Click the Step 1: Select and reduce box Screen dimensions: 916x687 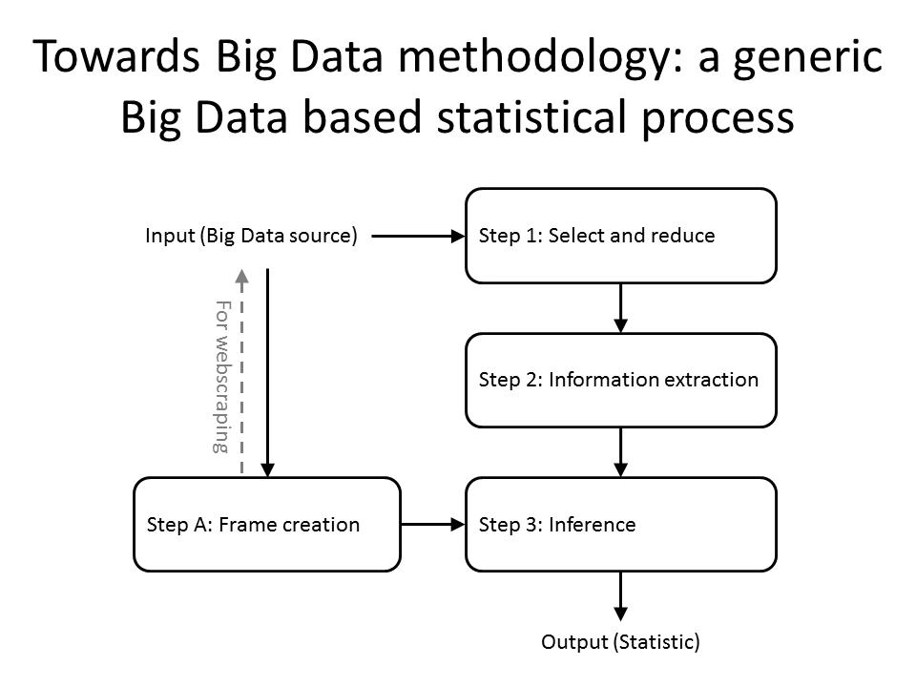[621, 236]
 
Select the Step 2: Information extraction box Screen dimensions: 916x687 [621, 381]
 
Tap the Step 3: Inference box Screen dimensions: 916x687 [621, 525]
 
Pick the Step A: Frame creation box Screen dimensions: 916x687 [267, 525]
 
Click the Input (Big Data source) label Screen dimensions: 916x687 [251, 236]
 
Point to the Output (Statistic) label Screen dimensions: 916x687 [620, 642]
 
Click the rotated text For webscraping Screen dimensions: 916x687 [222, 377]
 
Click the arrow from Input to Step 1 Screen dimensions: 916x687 [418, 236]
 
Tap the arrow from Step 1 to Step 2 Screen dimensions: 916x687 [621, 308]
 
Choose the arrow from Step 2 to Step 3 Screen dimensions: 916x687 [621, 452]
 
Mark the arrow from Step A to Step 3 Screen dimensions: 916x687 [433, 525]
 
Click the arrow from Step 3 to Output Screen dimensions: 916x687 [621, 596]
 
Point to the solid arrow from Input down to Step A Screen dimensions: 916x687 [267, 373]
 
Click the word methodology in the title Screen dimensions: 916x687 [540, 57]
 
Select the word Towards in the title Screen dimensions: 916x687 [116, 56]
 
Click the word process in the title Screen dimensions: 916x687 [718, 121]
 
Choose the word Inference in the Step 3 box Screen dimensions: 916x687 [593, 525]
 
